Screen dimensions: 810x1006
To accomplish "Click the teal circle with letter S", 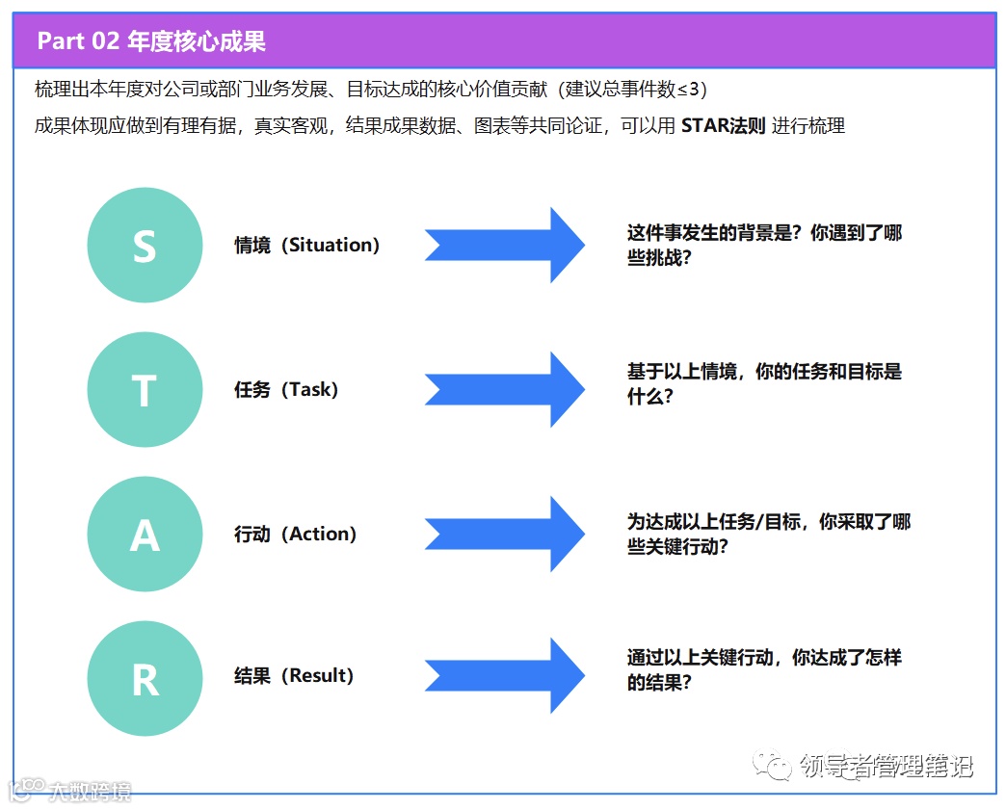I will tap(145, 246).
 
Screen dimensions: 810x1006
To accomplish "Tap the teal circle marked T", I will tap(145, 390).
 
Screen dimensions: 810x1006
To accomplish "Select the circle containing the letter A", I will tap(145, 534).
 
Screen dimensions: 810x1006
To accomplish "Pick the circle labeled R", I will tap(145, 678).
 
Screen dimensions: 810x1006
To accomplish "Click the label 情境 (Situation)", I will tap(306, 246).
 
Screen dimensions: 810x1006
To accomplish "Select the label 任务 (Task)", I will tap(286, 390).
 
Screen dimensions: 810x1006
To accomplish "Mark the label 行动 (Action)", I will tap(295, 534).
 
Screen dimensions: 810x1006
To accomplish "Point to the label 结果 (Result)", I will tap(294, 676).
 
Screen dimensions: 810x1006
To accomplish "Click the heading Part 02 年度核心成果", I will tap(151, 41).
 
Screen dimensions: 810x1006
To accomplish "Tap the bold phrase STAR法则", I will tap(723, 125).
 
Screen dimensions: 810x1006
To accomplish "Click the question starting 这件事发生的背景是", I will tap(764, 245).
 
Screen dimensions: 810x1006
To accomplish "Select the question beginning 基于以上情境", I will tap(764, 383).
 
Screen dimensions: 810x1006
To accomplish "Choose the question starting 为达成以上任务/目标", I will tap(768, 534).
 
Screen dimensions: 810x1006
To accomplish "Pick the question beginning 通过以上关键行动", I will tap(764, 669).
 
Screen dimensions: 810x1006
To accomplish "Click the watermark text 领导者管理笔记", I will tap(885, 767).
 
